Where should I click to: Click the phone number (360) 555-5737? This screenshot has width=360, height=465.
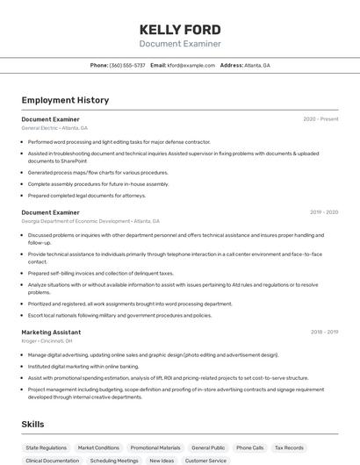click(127, 65)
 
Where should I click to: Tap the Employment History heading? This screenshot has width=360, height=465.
click(65, 100)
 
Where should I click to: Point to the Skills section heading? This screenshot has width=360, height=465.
click(32, 425)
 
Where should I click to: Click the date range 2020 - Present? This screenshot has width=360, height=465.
click(320, 118)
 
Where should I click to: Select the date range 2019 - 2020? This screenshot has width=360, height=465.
click(324, 212)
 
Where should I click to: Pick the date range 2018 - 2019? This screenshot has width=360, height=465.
click(324, 333)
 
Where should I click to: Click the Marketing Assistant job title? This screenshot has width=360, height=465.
click(51, 333)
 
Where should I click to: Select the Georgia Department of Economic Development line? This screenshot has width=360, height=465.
click(90, 222)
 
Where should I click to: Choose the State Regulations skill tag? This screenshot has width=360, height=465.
click(46, 447)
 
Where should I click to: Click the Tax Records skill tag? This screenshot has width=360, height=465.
click(289, 447)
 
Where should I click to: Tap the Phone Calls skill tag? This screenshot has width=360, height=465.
click(249, 447)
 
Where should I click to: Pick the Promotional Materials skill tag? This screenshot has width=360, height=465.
click(155, 447)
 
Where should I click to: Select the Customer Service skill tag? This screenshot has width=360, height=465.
click(205, 460)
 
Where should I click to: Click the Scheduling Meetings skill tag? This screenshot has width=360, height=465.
click(114, 460)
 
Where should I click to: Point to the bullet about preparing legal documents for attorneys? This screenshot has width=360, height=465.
click(86, 196)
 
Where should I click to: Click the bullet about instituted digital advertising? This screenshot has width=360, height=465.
click(83, 366)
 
